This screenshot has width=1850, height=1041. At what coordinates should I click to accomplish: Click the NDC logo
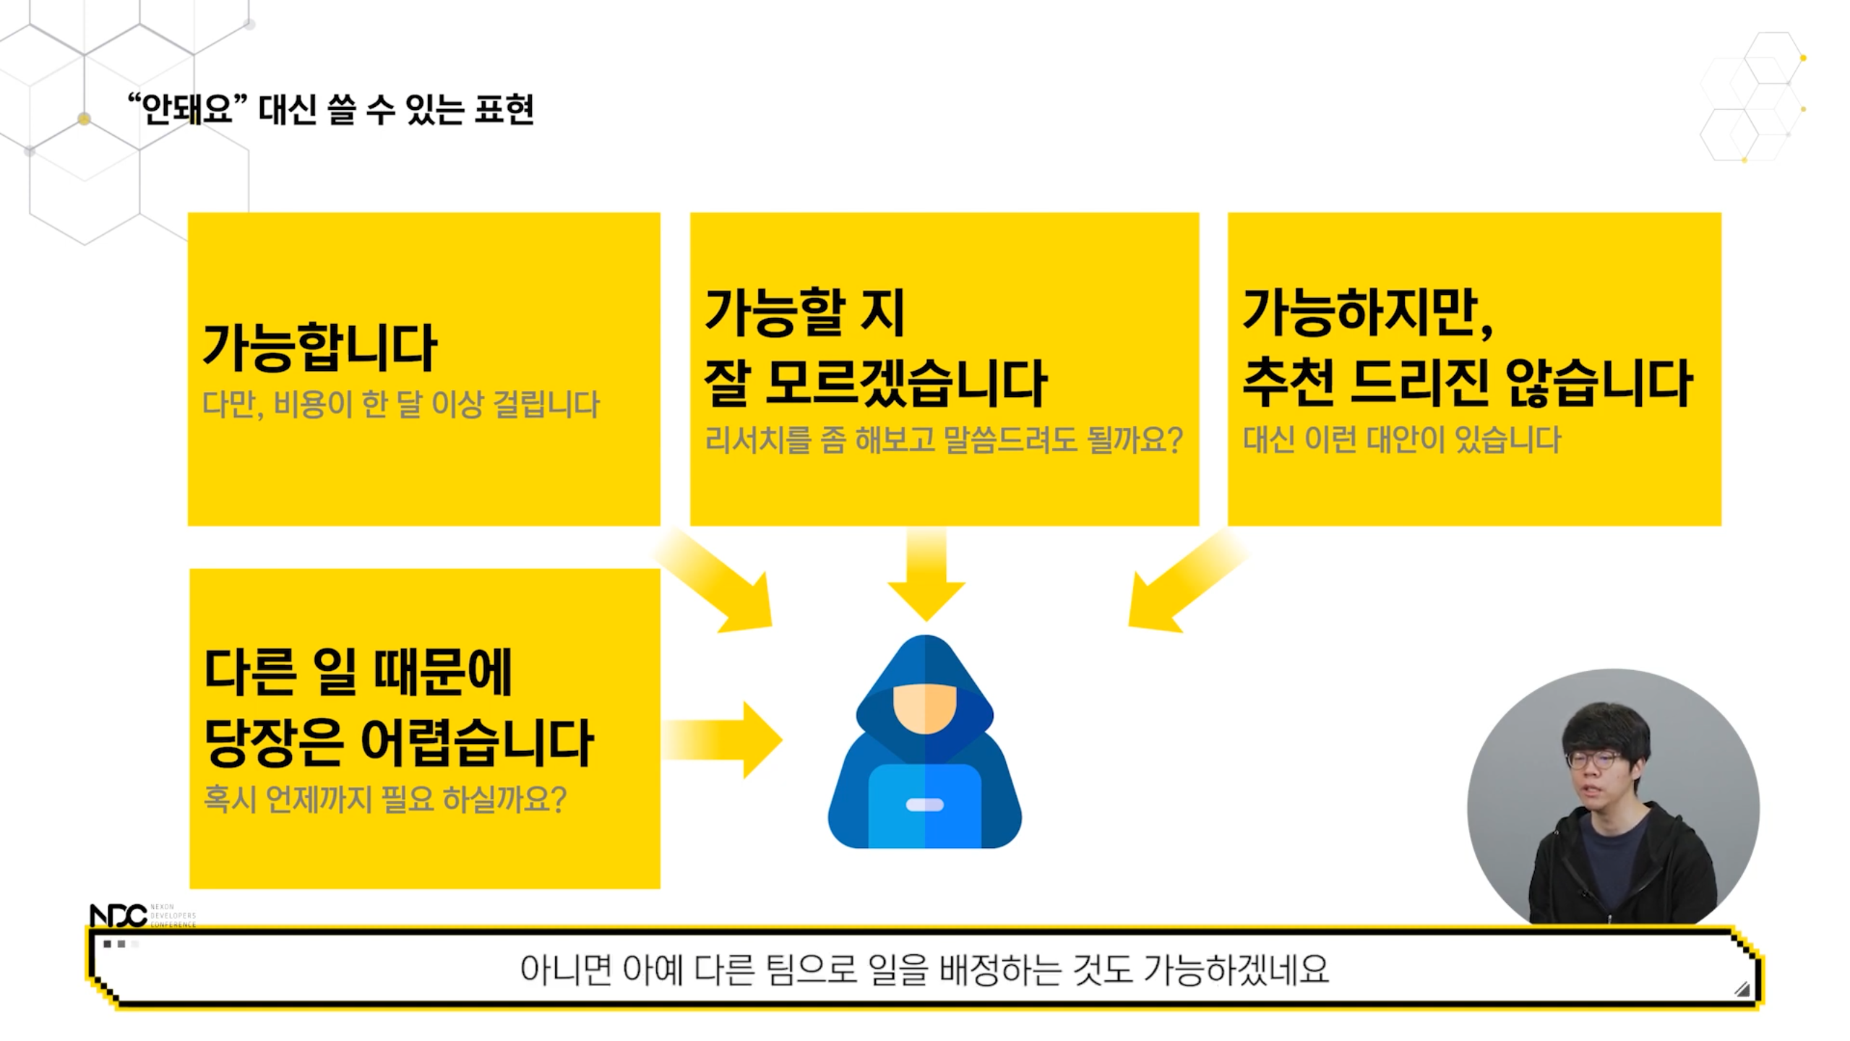[x=118, y=915]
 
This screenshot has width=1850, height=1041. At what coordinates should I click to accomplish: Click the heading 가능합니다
[x=319, y=348]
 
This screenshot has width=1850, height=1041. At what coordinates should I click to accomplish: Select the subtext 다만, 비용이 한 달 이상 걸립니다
[x=400, y=404]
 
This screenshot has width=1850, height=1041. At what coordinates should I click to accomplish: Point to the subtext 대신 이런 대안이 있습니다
[x=1401, y=440]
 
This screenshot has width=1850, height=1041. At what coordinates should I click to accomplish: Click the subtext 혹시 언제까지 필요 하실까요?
[x=384, y=799]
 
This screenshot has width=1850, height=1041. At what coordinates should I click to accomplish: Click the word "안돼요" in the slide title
[x=187, y=110]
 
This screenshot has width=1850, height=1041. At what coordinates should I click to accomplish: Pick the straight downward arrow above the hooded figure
[x=926, y=575]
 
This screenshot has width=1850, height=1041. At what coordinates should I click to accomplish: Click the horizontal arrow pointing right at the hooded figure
[x=723, y=740]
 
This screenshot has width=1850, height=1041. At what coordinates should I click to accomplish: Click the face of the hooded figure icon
[x=924, y=708]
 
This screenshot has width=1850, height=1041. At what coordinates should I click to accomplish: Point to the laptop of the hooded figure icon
[x=924, y=805]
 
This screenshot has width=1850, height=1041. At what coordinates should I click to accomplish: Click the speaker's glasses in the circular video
[x=1594, y=761]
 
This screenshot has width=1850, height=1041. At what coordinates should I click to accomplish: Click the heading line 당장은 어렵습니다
[x=398, y=742]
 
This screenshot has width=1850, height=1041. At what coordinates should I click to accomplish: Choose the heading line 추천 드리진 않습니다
[x=1466, y=382]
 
